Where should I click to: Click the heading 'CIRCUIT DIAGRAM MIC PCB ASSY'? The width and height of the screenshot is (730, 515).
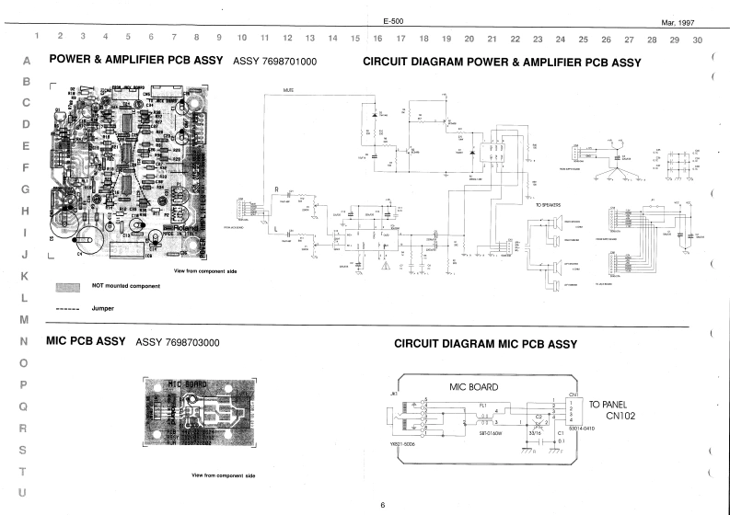point(485,344)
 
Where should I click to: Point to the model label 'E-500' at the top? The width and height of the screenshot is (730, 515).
point(393,21)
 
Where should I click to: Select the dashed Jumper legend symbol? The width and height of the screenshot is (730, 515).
point(69,308)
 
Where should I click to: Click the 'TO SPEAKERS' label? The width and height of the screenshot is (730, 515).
point(549,205)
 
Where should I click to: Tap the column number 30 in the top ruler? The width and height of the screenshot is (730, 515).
point(697,40)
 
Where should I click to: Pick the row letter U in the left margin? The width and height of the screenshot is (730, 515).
point(24,493)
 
